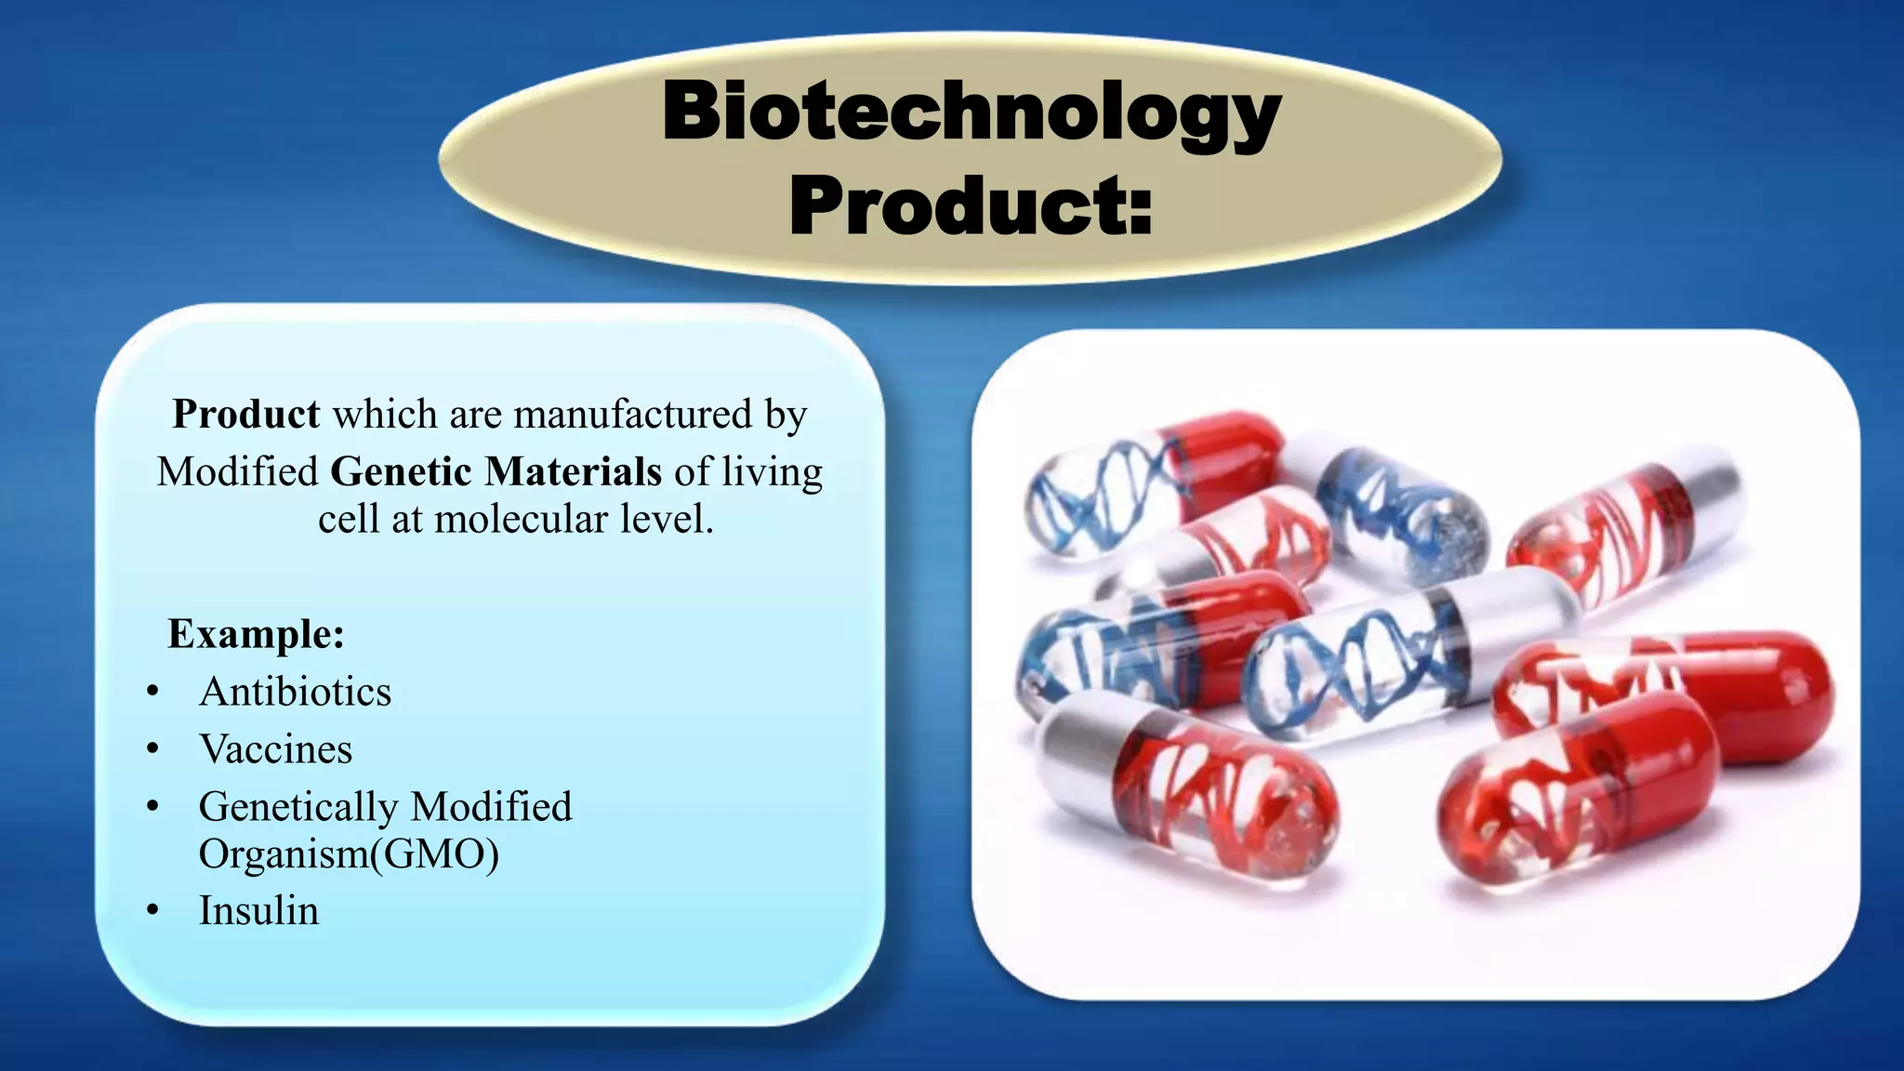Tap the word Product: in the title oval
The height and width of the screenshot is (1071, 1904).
971,206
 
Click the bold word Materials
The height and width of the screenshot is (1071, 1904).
573,472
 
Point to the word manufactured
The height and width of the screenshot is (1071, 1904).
632,415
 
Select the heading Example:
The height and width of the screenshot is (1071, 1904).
256,635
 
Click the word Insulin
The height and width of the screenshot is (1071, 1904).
258,911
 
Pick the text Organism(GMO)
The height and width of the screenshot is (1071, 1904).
349,854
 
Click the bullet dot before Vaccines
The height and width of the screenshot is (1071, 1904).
153,749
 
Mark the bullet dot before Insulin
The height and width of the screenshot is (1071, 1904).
153,910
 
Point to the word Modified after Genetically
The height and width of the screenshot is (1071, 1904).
492,807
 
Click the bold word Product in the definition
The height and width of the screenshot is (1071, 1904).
246,415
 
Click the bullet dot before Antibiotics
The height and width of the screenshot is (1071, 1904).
153,692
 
